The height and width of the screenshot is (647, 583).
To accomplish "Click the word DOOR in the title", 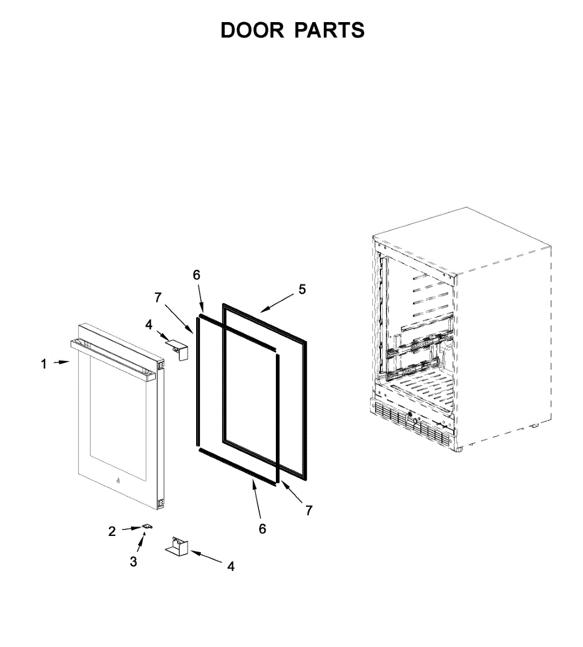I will point(252,31).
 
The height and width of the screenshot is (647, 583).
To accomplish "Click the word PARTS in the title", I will point(329,31).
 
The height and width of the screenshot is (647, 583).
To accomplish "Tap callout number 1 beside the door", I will point(44,364).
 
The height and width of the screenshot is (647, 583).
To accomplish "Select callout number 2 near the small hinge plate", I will point(112,532).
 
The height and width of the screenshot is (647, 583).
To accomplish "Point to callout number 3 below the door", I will point(133,562).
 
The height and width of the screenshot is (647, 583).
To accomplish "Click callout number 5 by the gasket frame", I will point(302,290).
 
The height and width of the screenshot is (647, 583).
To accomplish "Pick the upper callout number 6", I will point(197,275).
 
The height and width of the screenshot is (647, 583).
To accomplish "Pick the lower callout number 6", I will point(262,529).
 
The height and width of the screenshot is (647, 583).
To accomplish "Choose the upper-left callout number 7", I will point(158,297).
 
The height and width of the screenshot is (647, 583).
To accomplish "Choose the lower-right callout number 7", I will point(309,511).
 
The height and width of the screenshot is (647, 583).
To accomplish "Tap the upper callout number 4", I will point(149,325).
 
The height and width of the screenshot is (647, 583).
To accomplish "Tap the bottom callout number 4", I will point(231,566).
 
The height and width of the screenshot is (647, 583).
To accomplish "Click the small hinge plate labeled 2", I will point(146,527).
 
